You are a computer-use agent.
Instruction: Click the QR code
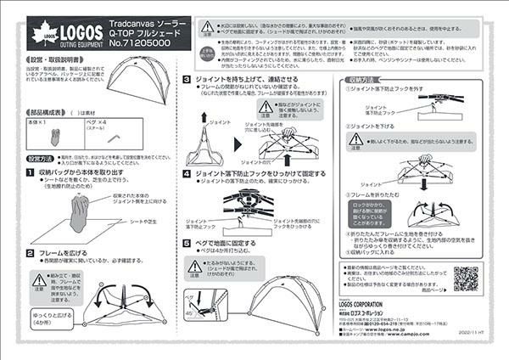click(x=466, y=278)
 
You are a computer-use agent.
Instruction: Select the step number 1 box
click(x=31, y=172)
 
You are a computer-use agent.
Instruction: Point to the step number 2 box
click(x=31, y=253)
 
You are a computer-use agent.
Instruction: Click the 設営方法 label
click(x=40, y=159)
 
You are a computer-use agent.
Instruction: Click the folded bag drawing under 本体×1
click(x=55, y=137)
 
